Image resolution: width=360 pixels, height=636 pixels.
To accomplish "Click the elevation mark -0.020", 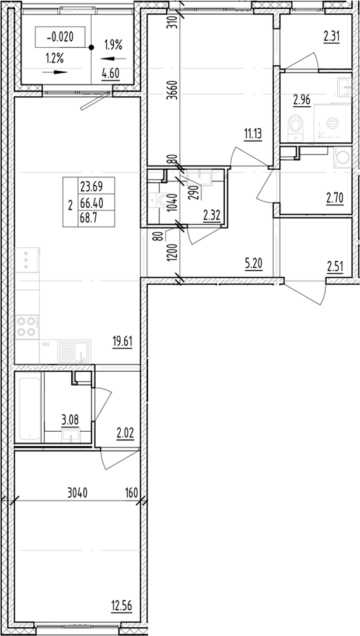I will [x=60, y=37].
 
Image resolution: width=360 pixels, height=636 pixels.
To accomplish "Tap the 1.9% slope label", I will [x=113, y=44].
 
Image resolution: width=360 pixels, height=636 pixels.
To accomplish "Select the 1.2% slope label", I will [x=54, y=58].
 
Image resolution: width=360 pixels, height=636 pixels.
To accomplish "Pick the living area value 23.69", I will [x=89, y=187].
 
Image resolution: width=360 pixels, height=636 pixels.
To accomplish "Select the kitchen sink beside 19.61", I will [x=74, y=352].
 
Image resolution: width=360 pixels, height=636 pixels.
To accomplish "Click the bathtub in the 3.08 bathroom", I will [x=30, y=408].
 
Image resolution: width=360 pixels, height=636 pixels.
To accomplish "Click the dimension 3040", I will [x=76, y=492].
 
